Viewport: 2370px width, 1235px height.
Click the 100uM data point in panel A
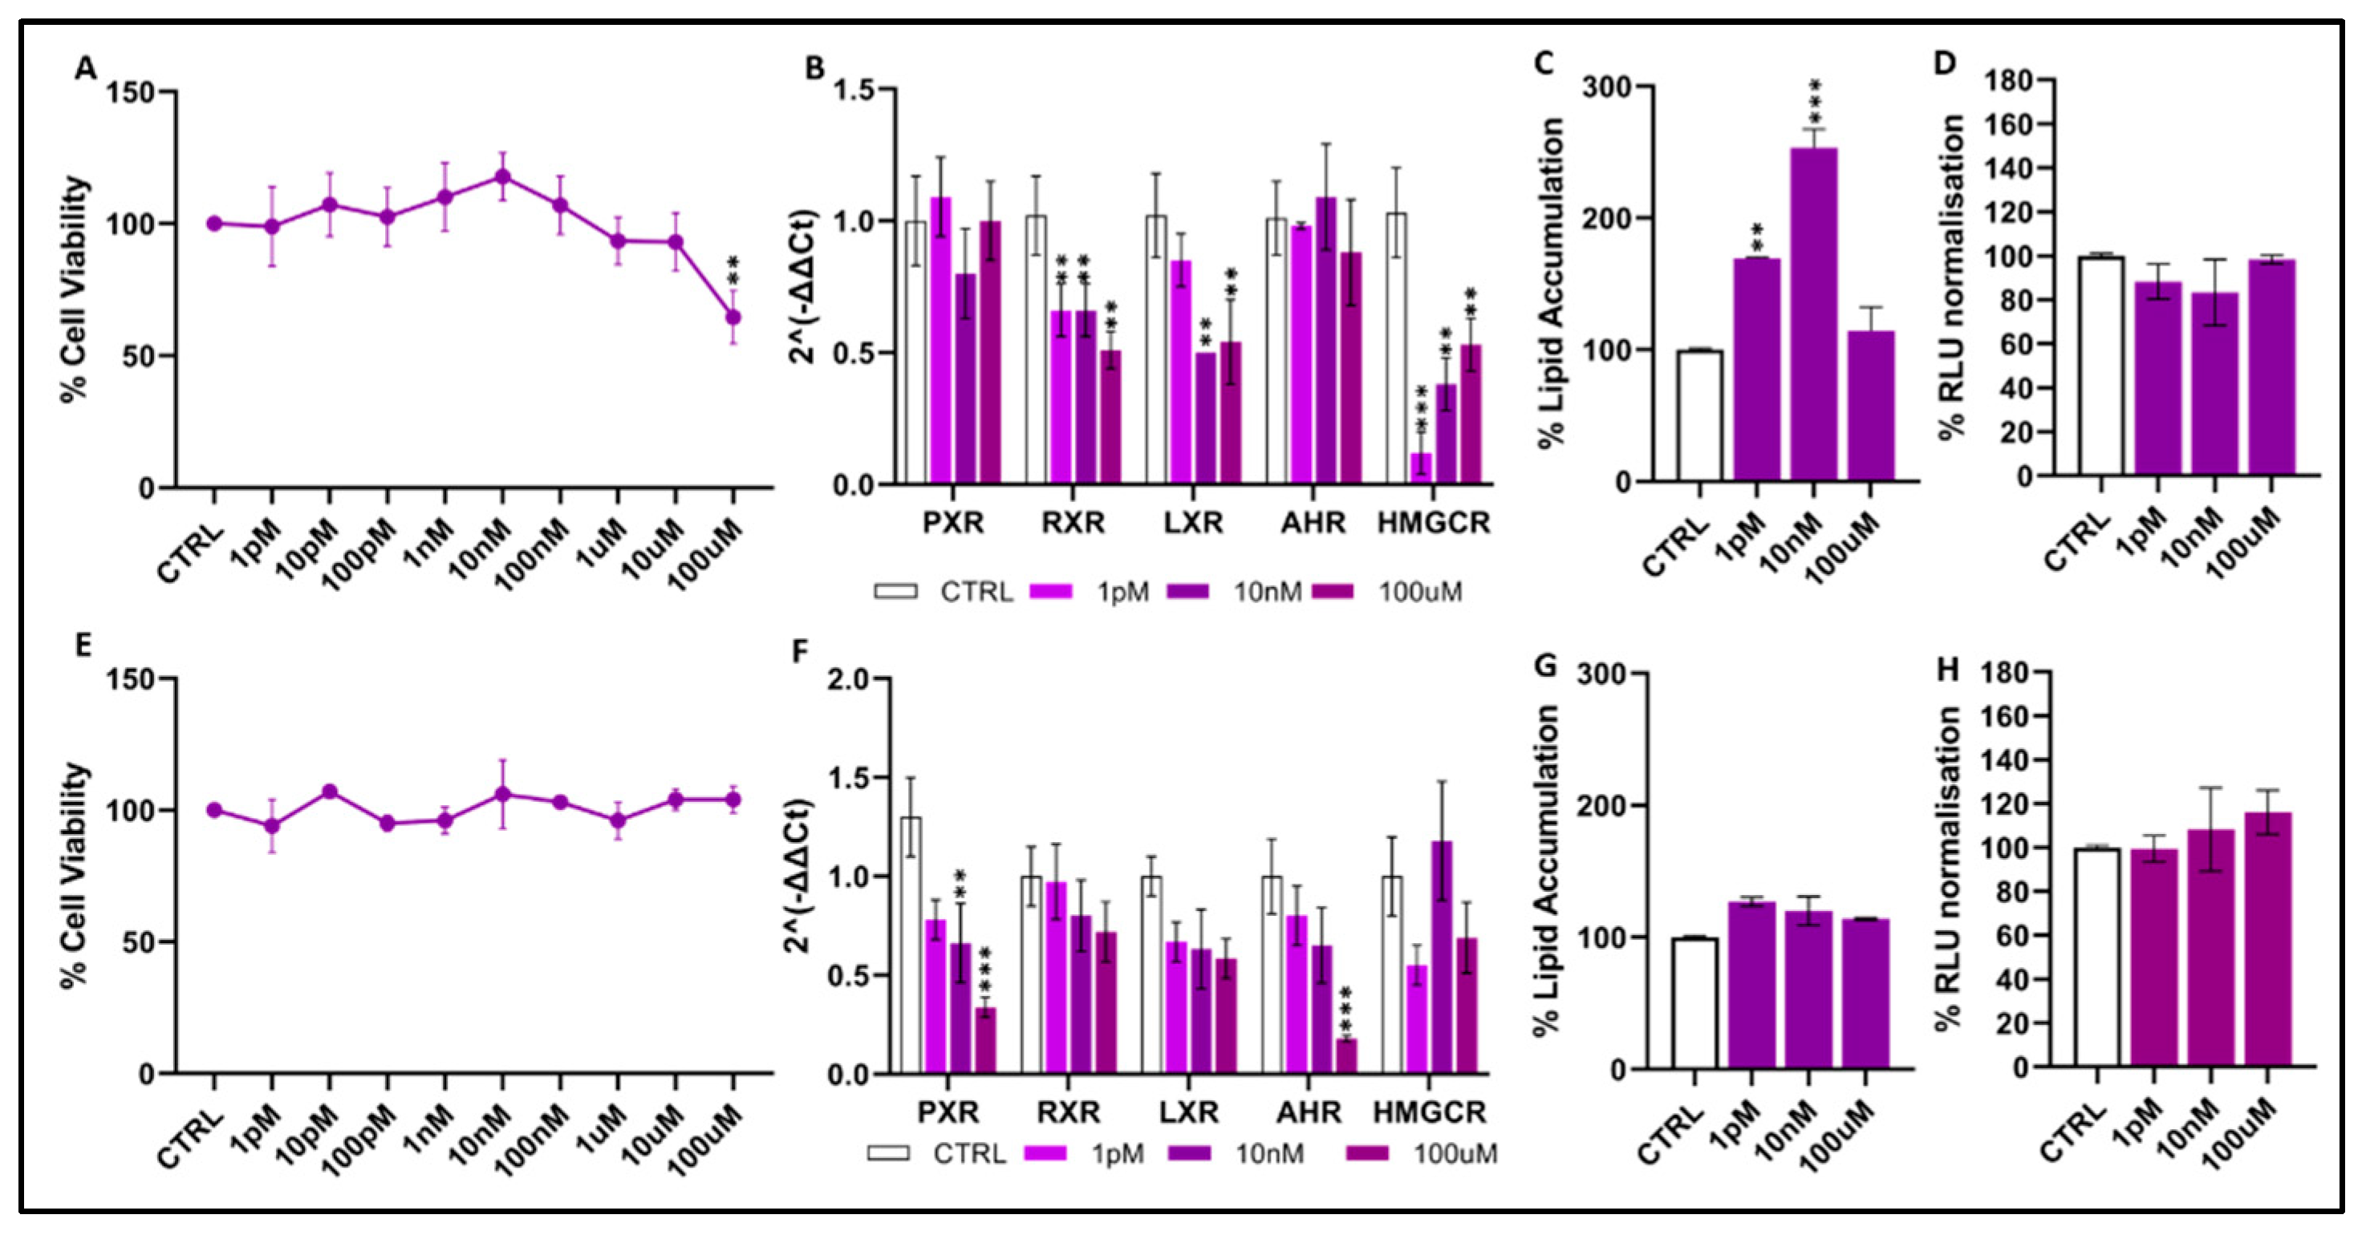tap(733, 318)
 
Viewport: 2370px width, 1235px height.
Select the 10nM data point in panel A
tap(502, 176)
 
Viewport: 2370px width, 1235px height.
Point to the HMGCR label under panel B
tap(1432, 523)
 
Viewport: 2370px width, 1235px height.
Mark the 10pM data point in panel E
tap(330, 792)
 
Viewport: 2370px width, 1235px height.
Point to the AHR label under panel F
tap(1309, 1112)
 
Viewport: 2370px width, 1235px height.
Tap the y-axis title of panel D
tap(1951, 276)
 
